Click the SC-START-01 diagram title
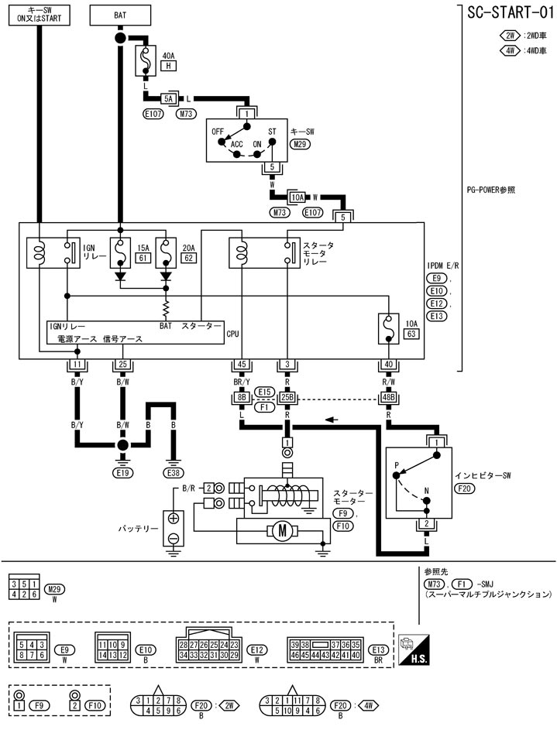(x=509, y=13)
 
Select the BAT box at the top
(x=120, y=13)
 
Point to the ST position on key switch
(x=272, y=132)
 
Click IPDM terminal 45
(x=241, y=364)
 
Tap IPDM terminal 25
(x=122, y=364)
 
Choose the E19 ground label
(x=122, y=471)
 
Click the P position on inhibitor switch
(x=396, y=466)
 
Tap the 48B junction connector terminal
(x=388, y=399)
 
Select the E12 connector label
(x=258, y=649)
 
